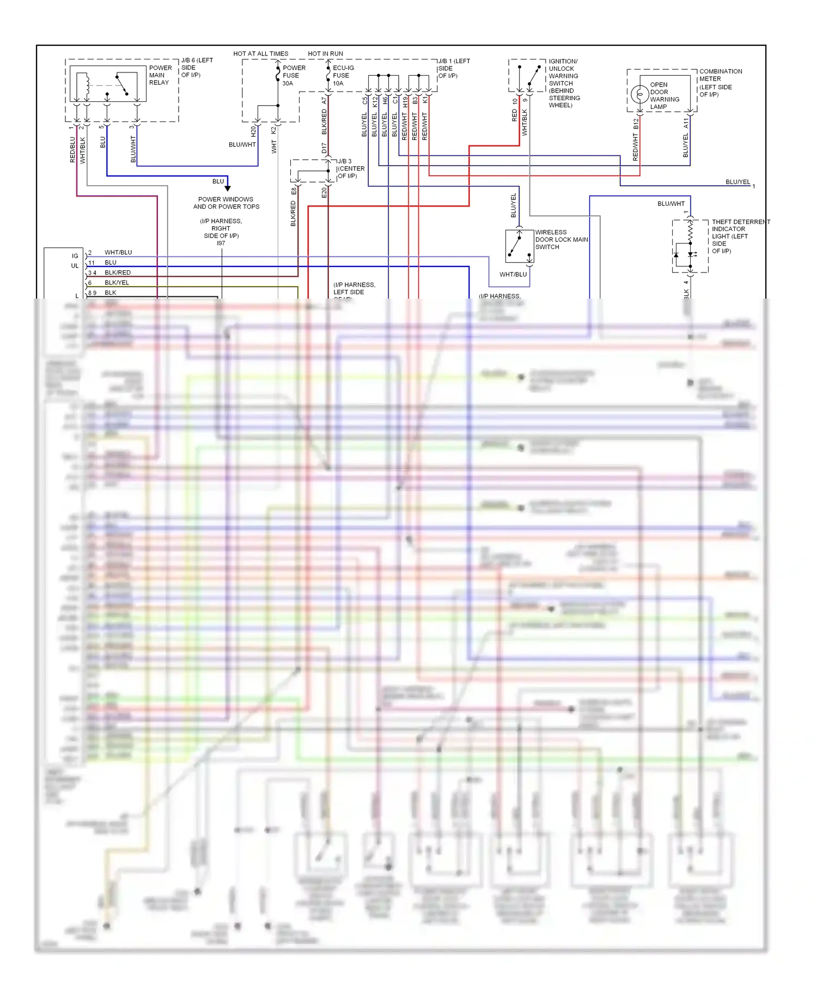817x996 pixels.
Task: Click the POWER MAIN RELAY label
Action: click(x=160, y=75)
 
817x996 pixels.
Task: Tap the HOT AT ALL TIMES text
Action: click(x=260, y=53)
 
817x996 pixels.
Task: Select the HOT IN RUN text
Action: click(x=325, y=53)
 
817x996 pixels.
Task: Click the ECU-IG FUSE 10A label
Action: click(x=343, y=75)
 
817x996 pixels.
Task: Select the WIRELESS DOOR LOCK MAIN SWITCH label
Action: click(x=561, y=240)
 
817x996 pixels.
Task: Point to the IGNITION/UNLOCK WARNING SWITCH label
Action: click(x=564, y=83)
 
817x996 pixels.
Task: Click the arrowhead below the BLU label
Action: click(x=228, y=187)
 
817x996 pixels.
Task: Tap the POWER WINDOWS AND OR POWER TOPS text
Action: click(x=226, y=203)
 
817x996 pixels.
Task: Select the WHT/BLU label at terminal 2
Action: click(x=118, y=252)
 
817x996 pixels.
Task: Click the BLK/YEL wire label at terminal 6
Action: click(x=117, y=282)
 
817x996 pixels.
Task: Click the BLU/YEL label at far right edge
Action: click(x=737, y=182)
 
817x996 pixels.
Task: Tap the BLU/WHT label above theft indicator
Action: click(x=670, y=203)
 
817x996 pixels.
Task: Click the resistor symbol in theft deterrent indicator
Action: click(x=690, y=232)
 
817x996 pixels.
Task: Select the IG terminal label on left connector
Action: click(x=75, y=256)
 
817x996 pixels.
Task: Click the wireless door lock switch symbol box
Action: click(x=519, y=246)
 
